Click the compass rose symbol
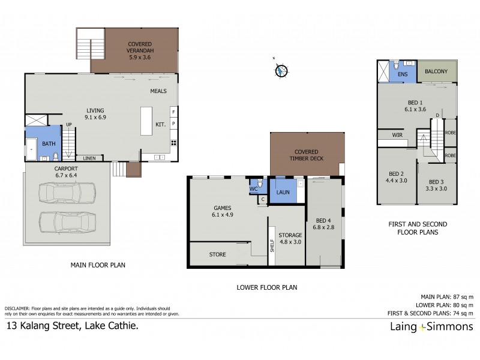click(281, 70)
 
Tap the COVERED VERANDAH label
click(139, 47)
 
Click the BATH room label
click(47, 143)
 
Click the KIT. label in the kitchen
click(160, 124)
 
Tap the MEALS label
click(158, 91)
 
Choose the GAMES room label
click(222, 211)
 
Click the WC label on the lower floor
click(253, 188)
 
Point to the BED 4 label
click(322, 224)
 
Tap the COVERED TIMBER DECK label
click(306, 155)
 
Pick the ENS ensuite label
click(403, 74)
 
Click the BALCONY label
click(436, 71)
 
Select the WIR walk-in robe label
click(397, 135)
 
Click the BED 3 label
click(437, 185)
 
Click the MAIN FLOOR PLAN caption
click(98, 265)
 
